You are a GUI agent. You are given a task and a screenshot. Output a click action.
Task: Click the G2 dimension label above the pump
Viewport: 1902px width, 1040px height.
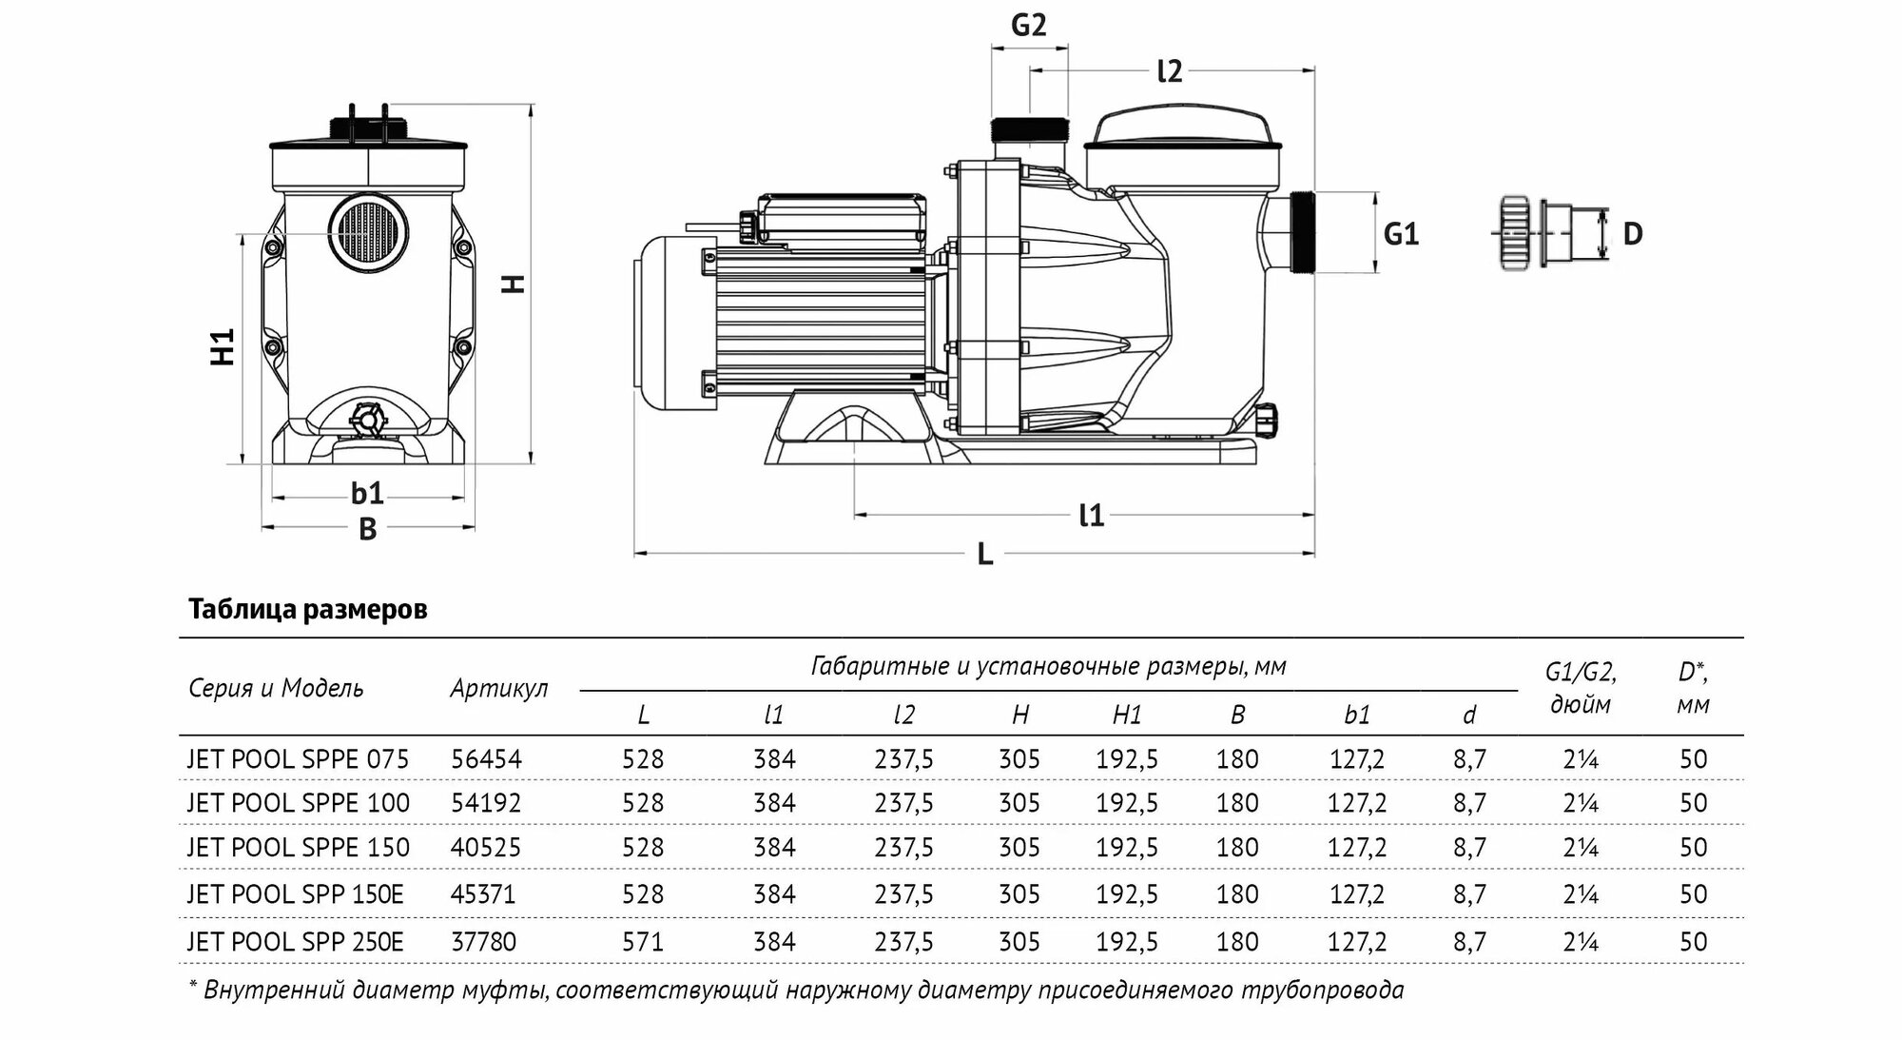(x=1028, y=25)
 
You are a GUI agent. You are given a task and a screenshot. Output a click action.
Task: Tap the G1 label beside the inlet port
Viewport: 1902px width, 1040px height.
(x=1400, y=233)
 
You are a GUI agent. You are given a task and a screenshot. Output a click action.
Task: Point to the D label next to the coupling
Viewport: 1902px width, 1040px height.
(x=1632, y=233)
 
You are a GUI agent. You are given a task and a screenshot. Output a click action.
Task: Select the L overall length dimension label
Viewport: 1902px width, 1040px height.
(x=985, y=554)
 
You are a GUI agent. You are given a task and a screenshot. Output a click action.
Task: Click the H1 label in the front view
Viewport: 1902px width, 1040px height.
(x=222, y=346)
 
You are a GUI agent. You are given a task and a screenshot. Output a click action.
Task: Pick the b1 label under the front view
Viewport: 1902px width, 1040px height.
(x=367, y=493)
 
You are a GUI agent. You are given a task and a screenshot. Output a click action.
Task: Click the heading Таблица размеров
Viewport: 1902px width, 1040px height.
(x=307, y=609)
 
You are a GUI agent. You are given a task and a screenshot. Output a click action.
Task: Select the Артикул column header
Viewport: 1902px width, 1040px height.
(x=498, y=688)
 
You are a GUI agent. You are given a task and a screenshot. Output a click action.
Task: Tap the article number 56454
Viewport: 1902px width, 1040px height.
(x=486, y=759)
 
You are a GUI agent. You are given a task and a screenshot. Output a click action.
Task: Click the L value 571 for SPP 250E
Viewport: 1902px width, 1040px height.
(x=643, y=942)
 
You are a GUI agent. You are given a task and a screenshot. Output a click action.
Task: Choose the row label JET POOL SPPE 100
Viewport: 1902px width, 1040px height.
(x=298, y=803)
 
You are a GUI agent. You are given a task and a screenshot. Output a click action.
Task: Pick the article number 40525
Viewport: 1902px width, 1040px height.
(x=486, y=848)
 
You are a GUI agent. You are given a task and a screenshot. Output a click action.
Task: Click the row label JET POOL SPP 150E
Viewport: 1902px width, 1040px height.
(x=295, y=894)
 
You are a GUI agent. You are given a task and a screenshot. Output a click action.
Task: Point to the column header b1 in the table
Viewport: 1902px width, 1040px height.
(x=1357, y=716)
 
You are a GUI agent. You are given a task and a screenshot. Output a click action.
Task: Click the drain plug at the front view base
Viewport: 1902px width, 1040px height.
(x=367, y=419)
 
